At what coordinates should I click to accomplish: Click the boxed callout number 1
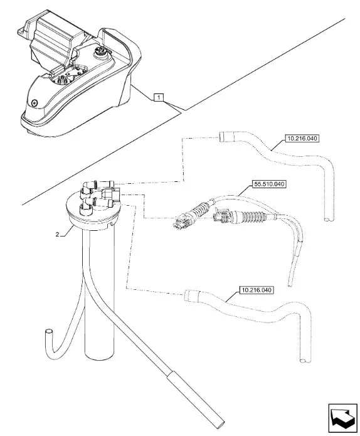tap(159, 98)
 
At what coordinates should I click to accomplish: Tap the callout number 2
tap(57, 235)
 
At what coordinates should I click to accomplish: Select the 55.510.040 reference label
tap(269, 184)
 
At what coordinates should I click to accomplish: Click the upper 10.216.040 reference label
tap(302, 138)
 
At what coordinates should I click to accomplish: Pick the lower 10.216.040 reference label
tap(257, 290)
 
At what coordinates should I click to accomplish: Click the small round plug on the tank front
tap(34, 102)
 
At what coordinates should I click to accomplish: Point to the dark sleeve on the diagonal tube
tap(196, 399)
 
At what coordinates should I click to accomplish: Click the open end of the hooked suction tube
tap(49, 332)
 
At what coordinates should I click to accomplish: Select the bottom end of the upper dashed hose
tap(329, 220)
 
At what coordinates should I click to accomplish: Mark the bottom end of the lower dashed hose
tap(305, 361)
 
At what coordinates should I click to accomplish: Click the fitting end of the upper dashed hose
tap(224, 137)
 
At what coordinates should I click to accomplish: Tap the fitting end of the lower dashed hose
tap(189, 295)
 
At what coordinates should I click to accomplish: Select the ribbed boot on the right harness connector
tap(252, 217)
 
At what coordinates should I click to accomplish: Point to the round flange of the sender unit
tap(93, 213)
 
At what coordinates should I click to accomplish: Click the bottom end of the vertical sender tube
tap(99, 356)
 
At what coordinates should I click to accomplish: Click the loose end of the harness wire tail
tap(290, 284)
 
